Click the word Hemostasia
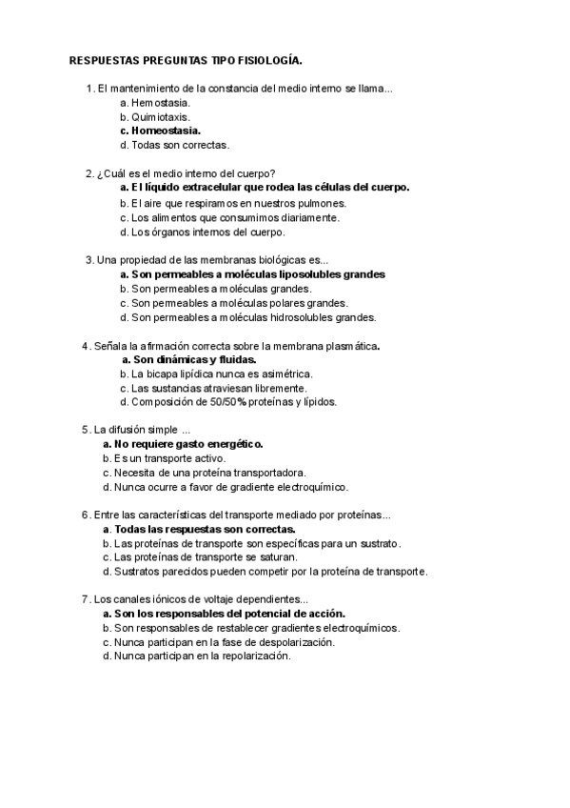pos(161,102)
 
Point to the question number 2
pos(88,173)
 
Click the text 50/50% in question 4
pos(223,401)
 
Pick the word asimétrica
pos(285,374)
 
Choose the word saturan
pos(275,556)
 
